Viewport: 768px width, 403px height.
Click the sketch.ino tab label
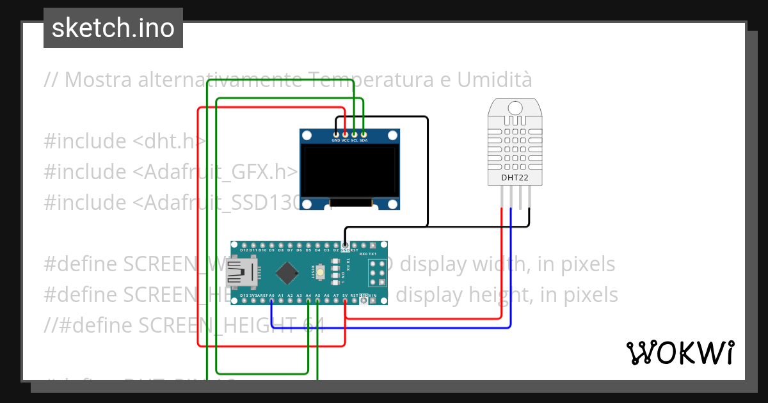point(113,28)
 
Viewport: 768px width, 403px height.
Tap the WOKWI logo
point(680,352)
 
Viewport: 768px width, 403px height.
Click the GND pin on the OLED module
point(335,133)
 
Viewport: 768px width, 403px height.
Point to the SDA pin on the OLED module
point(363,133)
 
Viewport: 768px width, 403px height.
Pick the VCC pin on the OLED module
point(345,133)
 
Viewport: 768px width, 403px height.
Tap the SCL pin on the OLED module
point(354,133)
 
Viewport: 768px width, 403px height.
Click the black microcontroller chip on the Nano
point(287,274)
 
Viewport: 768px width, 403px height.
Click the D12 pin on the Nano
point(244,245)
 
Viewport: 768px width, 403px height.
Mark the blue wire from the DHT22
point(511,269)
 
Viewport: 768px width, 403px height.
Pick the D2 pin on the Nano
point(336,245)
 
